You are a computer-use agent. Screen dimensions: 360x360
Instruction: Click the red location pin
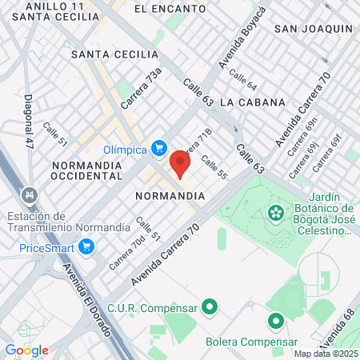(180, 164)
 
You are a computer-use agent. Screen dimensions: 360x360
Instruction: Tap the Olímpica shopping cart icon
(159, 149)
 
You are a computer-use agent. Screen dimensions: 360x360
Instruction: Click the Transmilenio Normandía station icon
(30, 195)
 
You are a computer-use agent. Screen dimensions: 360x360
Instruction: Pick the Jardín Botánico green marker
(276, 213)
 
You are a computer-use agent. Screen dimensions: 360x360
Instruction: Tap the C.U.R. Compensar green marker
(210, 306)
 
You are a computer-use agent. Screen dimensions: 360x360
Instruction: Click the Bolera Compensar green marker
(276, 322)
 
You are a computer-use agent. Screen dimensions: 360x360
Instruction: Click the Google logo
(26, 350)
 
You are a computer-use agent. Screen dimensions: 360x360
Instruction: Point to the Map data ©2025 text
(325, 354)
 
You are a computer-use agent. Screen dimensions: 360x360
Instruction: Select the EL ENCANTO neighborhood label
(164, 8)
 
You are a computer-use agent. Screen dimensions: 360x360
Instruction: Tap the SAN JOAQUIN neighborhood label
(314, 29)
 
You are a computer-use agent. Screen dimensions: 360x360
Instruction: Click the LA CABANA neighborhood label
(252, 102)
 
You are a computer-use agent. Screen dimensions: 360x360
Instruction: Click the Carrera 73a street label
(142, 88)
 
